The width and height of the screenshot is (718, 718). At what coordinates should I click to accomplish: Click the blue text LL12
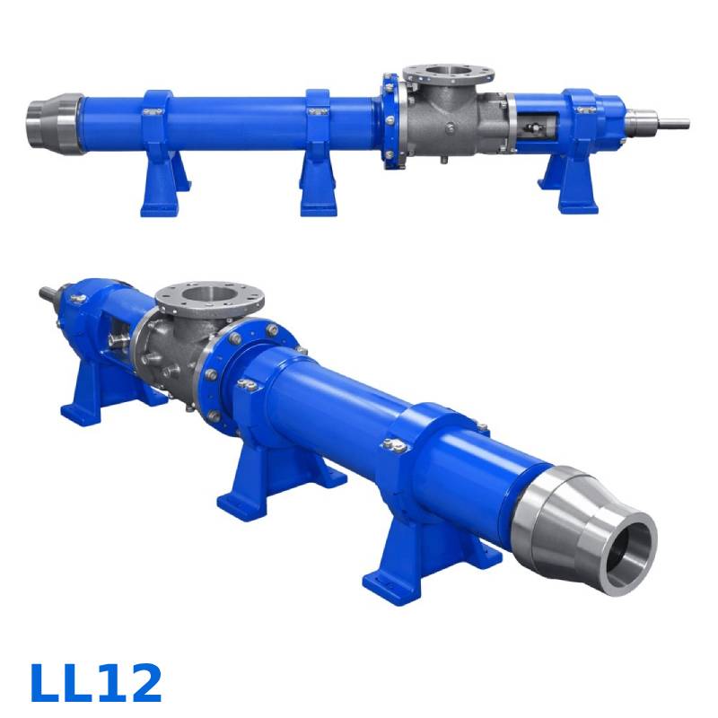(96, 683)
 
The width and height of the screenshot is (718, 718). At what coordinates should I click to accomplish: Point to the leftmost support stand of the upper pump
(162, 184)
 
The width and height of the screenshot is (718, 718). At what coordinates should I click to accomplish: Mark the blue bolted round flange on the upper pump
(389, 120)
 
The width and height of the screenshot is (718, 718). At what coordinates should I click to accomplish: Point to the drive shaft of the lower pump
(50, 293)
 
